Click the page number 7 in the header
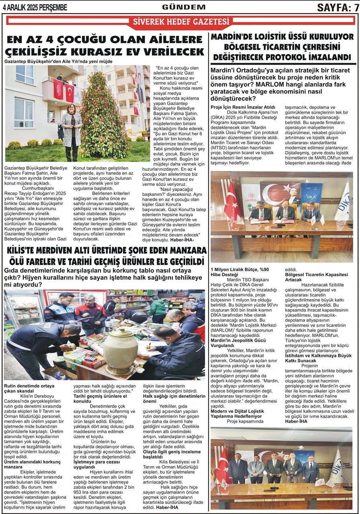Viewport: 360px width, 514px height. [355, 7]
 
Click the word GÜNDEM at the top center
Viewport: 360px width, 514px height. [184, 7]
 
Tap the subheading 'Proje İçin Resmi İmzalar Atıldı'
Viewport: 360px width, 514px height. [243, 107]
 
